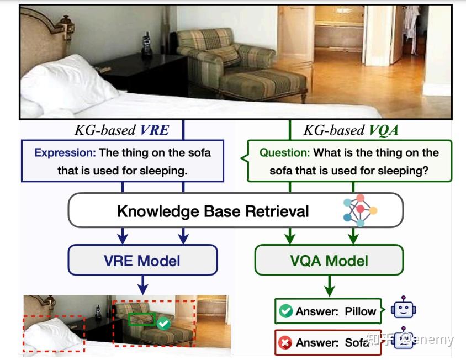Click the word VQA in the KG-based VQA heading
(x=382, y=130)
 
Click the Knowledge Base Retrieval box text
(x=213, y=211)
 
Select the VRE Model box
(x=142, y=260)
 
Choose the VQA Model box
(x=329, y=260)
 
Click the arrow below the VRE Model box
(x=142, y=284)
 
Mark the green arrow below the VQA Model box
(x=329, y=286)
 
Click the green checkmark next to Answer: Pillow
(x=285, y=311)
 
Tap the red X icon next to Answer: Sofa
(x=285, y=343)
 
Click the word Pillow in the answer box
(x=361, y=311)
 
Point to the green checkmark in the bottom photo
(x=163, y=324)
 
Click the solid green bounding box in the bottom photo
(x=142, y=320)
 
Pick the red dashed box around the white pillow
(x=54, y=334)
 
